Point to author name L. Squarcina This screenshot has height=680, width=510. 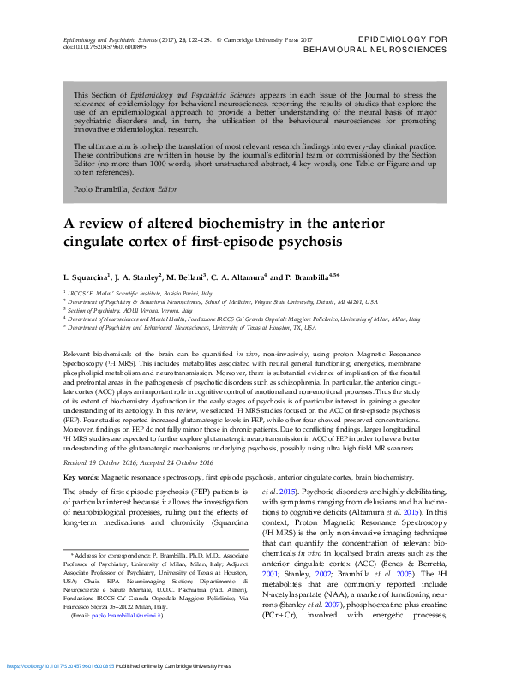pos(90,277)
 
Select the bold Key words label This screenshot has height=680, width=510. pos(81,476)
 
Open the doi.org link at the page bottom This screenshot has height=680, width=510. pos(60,665)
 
